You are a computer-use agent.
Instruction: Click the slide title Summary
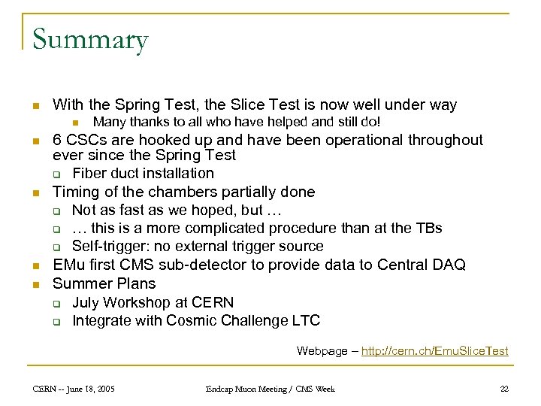[90, 39]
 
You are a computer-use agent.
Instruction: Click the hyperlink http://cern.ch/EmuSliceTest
[435, 350]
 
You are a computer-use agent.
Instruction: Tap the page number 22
[504, 389]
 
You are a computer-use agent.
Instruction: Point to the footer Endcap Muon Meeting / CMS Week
[270, 389]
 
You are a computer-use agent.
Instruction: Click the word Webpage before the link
[323, 350]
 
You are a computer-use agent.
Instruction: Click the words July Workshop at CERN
[153, 302]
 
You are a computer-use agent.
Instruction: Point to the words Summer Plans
[104, 283]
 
